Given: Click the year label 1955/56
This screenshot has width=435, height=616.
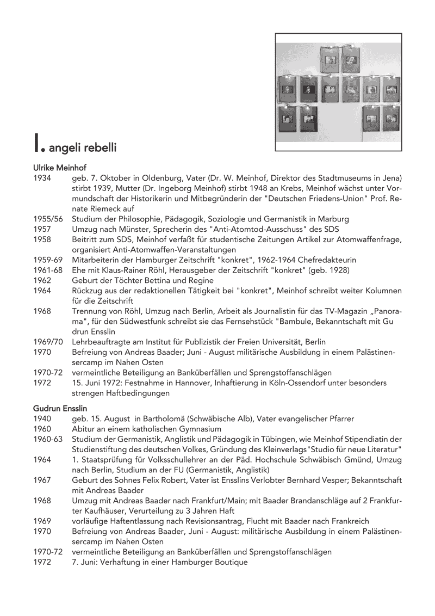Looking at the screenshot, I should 47,219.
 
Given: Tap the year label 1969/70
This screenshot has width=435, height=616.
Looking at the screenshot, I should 47,342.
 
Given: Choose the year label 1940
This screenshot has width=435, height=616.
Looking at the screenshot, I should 42,418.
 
